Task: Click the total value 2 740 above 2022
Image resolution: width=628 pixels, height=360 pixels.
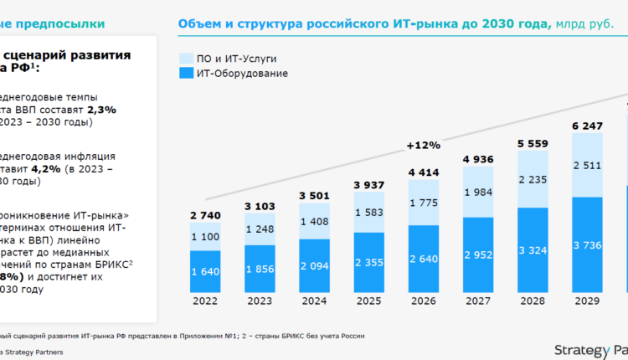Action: pyautogui.click(x=204, y=215)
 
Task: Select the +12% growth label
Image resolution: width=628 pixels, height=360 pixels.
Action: pyautogui.click(x=423, y=145)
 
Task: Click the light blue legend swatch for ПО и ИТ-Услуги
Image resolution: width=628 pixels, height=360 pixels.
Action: pyautogui.click(x=186, y=59)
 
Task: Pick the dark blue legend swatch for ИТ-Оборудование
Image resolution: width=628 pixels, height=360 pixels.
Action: pyautogui.click(x=186, y=74)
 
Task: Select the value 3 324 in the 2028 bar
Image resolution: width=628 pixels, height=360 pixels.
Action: pyautogui.click(x=533, y=249)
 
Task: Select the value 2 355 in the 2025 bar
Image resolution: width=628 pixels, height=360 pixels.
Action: pyautogui.click(x=368, y=262)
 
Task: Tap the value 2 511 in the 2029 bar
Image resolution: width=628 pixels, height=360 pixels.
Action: pyautogui.click(x=588, y=166)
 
